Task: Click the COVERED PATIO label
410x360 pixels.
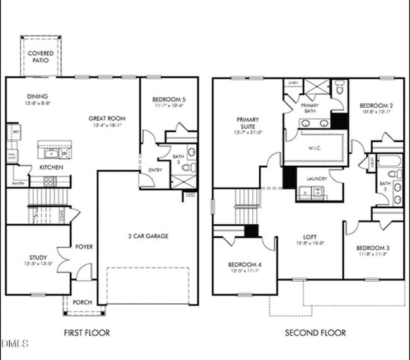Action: coord(41,57)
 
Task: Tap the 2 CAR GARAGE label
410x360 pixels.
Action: coord(148,236)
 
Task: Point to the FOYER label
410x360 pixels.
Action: coord(84,247)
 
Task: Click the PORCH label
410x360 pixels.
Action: coord(83,303)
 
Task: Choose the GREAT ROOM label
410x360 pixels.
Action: coord(107,118)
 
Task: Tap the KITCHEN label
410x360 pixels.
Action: coord(50,168)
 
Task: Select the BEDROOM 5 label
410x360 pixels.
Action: coord(169,100)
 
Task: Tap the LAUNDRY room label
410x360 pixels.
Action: coord(317,178)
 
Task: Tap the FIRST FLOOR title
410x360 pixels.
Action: coord(88,332)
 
